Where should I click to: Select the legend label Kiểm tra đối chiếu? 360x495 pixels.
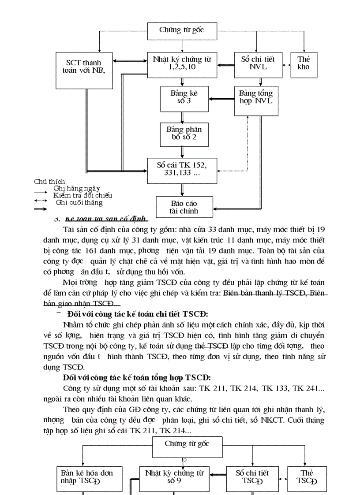pos(82,195)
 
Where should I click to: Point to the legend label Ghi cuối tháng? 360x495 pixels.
pos(79,203)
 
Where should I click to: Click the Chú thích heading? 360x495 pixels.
pos(50,182)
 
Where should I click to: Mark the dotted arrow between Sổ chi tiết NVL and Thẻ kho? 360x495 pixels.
pos(286,65)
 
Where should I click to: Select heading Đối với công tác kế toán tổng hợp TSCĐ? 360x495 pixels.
pos(137,378)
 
